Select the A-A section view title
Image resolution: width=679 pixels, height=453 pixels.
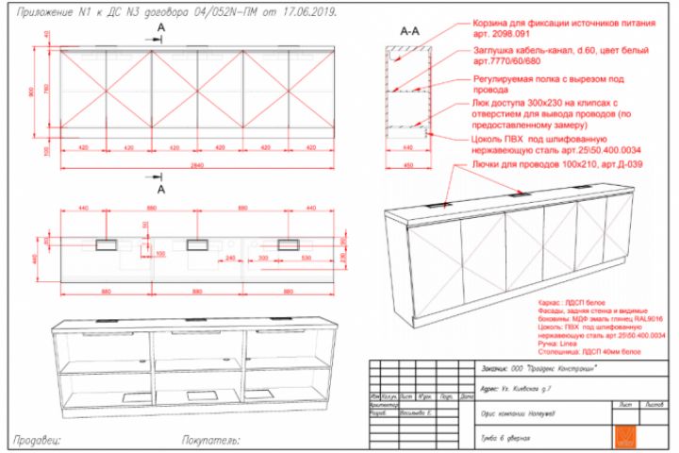[409, 32]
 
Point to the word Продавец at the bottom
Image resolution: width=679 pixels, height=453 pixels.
[39, 439]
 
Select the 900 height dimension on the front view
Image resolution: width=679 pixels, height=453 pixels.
[31, 92]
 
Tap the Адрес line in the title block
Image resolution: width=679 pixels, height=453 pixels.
[520, 387]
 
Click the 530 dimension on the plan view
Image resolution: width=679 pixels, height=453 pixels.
[307, 257]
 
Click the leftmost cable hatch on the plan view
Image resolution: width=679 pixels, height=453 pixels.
[105, 243]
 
